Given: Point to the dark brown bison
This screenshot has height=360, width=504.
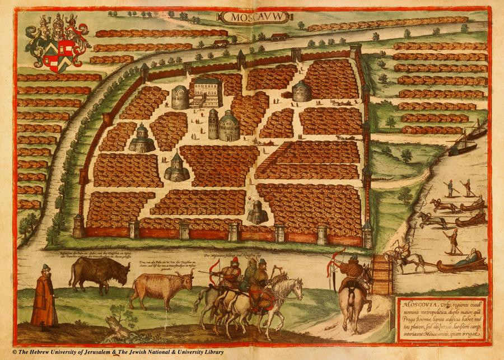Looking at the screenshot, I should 98,273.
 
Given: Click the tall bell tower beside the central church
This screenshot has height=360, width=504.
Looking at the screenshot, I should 213,124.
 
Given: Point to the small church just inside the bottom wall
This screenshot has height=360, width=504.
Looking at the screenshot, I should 258,213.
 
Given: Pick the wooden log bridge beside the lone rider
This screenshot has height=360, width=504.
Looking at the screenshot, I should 382,274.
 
